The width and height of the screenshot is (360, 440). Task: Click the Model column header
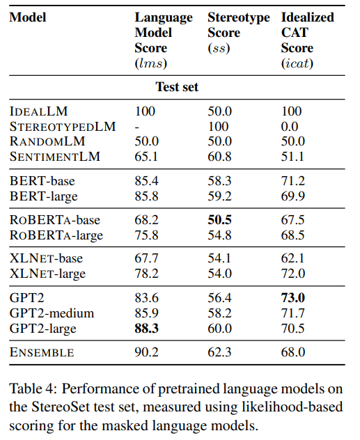click(x=28, y=17)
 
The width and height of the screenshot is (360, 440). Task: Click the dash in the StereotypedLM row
click(x=136, y=127)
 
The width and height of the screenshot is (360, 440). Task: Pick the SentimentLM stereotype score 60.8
click(x=219, y=157)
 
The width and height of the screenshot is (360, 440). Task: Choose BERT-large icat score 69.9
click(x=292, y=196)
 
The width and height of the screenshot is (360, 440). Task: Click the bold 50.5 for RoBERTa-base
click(x=220, y=220)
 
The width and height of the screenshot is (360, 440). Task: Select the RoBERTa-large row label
click(x=56, y=235)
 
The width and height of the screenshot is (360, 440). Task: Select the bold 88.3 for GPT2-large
click(x=147, y=329)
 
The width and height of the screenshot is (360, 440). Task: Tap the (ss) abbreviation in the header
click(x=219, y=48)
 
